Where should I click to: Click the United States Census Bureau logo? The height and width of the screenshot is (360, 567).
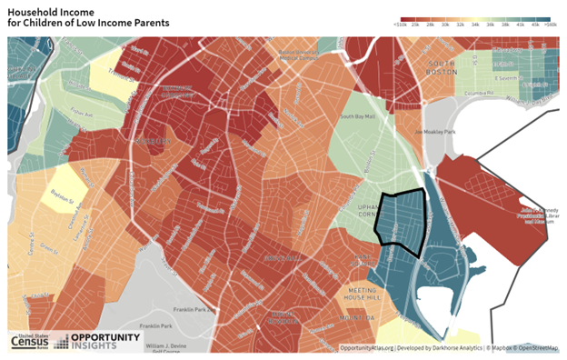coord(31,341)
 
